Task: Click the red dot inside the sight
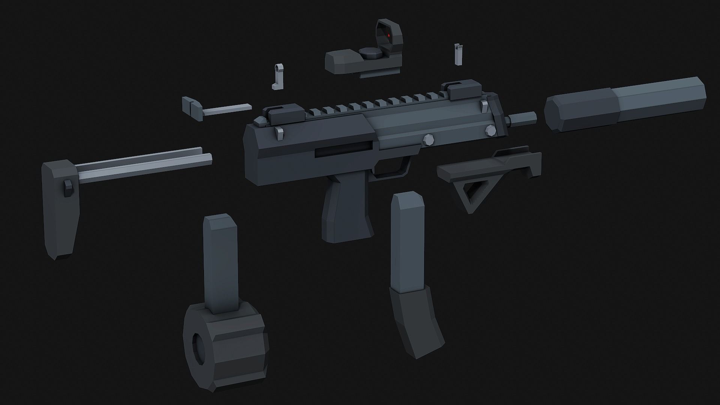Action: tap(389, 35)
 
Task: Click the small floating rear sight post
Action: tap(277, 77)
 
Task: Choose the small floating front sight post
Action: tap(457, 54)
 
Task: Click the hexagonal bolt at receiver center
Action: tap(428, 139)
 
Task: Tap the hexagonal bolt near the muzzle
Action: tap(490, 130)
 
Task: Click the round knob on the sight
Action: tap(370, 52)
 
